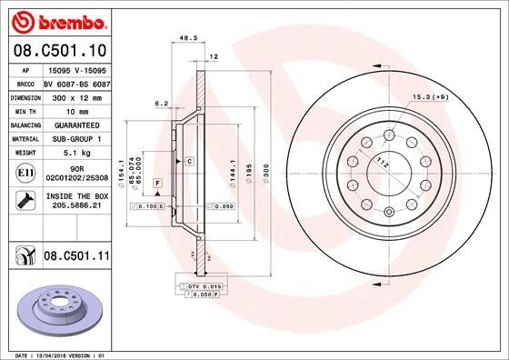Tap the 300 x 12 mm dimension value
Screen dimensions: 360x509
coord(75,95)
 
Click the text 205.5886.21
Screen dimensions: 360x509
coord(75,206)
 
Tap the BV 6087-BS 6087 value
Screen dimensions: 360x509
coord(75,81)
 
